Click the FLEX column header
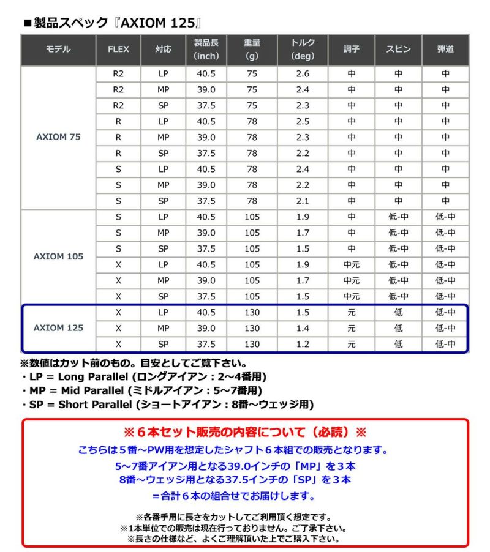coord(118,50)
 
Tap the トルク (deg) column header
coord(303,50)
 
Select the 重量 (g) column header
coord(252,50)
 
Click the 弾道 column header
coord(445,50)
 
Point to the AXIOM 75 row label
coord(59,137)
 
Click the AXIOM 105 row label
coord(59,256)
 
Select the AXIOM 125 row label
coord(59,328)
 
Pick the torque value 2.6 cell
coord(303,73)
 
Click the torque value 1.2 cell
coord(303,344)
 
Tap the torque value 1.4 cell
coord(303,328)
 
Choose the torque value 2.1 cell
coord(303,201)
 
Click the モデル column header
coord(59,50)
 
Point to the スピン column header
coord(399,50)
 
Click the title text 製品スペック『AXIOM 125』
coord(116,23)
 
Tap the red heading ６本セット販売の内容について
coord(245,433)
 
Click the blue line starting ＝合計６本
coord(245,496)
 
